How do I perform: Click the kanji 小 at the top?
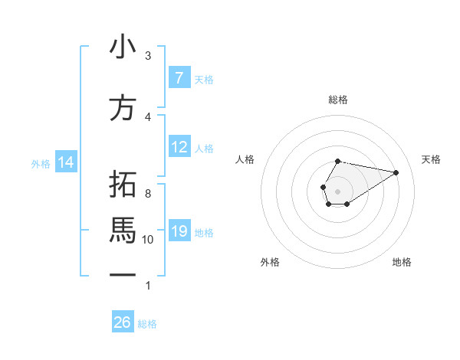point(123,47)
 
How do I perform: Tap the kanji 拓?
point(123,184)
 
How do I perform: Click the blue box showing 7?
point(179,78)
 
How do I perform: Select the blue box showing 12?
point(179,147)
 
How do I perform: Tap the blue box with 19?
point(179,231)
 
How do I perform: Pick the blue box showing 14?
point(65,162)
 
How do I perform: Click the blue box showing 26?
point(123,322)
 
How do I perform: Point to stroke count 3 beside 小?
point(148,56)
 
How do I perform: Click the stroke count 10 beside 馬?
point(148,240)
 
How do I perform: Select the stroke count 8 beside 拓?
point(148,193)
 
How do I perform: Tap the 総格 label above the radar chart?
point(337,100)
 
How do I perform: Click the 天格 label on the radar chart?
point(431,159)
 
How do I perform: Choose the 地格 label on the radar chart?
point(402,263)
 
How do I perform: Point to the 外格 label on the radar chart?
point(270,263)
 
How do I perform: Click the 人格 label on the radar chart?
point(245,159)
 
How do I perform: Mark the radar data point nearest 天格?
point(396,172)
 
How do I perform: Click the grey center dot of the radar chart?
point(337,190)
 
